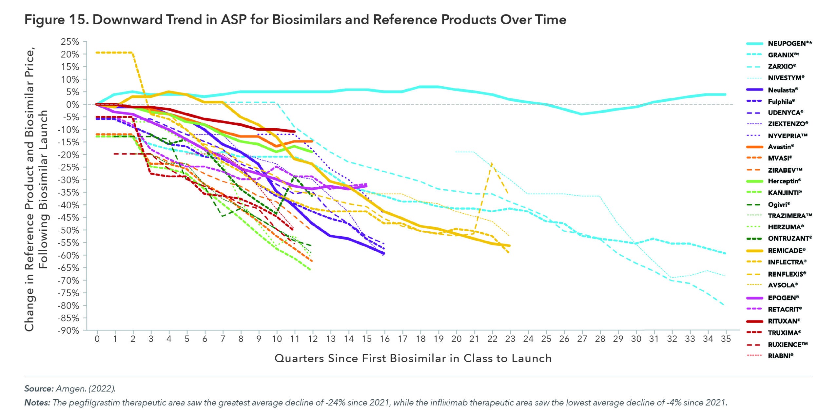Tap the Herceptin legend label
[785, 181]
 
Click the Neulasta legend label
[783, 90]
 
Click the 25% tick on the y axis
[70, 42]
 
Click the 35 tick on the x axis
[726, 339]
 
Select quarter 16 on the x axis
[385, 339]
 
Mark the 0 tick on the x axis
[97, 339]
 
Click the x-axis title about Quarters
[413, 358]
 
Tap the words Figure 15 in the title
[56, 20]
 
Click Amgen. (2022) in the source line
[86, 389]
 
